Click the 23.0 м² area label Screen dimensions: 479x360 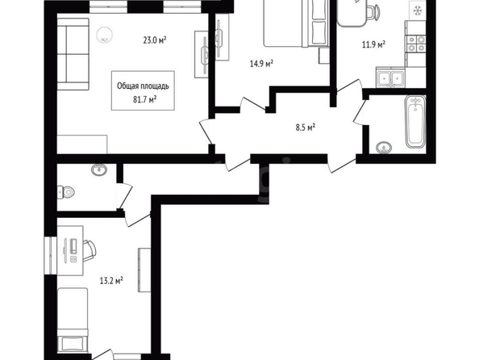tap(155, 40)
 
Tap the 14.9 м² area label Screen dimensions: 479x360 tap(261, 64)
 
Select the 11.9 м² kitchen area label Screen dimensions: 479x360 tap(373, 44)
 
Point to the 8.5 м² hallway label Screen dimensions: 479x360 tap(306, 127)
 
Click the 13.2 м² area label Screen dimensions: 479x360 tap(111, 280)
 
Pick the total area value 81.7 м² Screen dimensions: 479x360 tap(145, 99)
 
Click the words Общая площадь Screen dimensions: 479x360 tap(143, 86)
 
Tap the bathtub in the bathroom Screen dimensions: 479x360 tap(415, 121)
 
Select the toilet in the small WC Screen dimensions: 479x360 tap(66, 192)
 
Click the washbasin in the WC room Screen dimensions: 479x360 tap(99, 170)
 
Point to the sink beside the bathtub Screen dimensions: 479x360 tap(384, 148)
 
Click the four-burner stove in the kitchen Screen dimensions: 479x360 tap(416, 44)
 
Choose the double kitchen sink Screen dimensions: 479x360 tap(390, 78)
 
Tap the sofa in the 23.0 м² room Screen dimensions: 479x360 tap(73, 54)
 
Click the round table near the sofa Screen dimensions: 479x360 tap(105, 36)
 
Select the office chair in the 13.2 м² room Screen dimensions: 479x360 tap(89, 251)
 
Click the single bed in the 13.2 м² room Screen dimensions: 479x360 tap(73, 320)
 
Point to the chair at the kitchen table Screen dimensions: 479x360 tap(374, 12)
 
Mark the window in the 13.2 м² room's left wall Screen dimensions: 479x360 tap(51, 255)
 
